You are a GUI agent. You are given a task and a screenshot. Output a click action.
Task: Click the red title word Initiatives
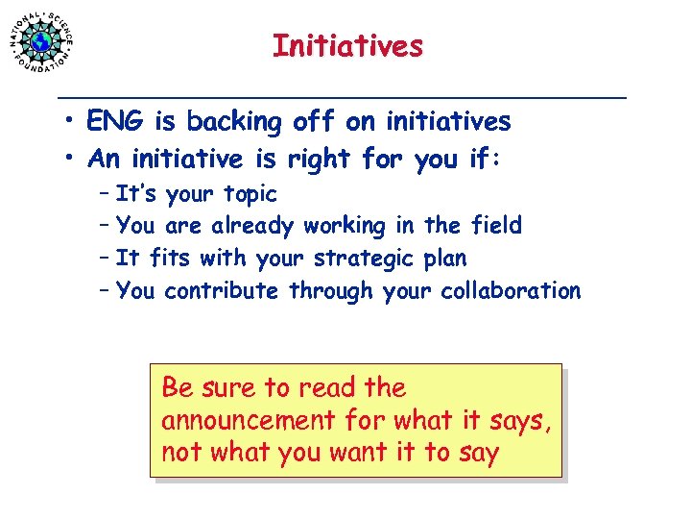coord(346,46)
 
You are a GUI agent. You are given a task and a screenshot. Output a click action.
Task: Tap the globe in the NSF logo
coord(41,41)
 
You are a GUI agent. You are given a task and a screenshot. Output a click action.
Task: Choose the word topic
coord(250,195)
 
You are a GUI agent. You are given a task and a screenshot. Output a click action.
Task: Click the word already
coord(253,227)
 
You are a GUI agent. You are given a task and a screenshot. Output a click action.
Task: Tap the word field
coord(496,226)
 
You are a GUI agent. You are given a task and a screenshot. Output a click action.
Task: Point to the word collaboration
coord(511,291)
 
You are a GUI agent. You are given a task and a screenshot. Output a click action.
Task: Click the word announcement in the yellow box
coord(248,421)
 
